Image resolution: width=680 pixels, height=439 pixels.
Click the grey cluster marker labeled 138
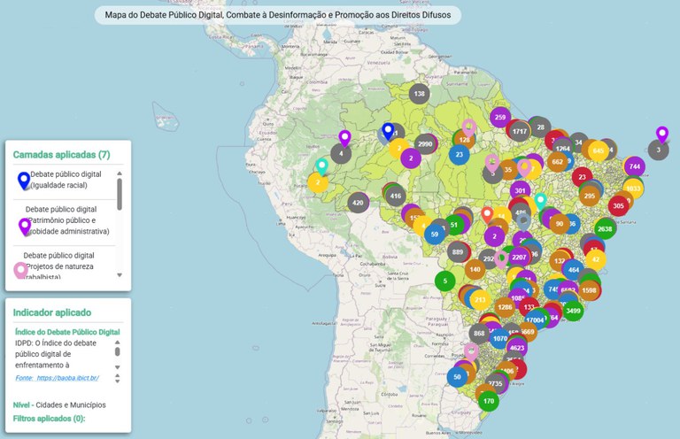point(419,94)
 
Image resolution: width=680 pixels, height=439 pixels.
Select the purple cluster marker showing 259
point(499,118)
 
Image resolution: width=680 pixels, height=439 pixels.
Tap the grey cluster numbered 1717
point(520,131)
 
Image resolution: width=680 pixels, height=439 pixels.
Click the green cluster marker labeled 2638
point(605,228)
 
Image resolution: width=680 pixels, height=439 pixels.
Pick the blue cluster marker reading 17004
point(535,320)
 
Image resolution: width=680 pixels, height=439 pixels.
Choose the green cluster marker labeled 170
point(488,401)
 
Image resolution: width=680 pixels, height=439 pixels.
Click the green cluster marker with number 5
point(445,281)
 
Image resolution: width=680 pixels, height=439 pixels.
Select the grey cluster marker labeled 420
point(358,203)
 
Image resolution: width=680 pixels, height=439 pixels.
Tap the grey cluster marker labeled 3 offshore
point(658,150)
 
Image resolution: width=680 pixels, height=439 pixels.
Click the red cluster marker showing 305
point(618,205)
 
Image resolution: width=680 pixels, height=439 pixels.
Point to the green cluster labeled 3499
point(573,311)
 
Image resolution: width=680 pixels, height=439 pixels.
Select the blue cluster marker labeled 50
point(457,376)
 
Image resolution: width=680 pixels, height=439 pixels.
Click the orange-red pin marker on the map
point(486,213)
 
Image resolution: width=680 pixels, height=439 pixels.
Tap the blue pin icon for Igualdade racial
point(23,180)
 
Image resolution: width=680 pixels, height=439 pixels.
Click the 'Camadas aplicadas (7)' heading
point(61,154)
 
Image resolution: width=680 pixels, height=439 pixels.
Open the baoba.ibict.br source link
point(58,378)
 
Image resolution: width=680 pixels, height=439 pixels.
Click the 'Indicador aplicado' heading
point(51,312)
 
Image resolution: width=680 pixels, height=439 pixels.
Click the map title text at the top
point(277,15)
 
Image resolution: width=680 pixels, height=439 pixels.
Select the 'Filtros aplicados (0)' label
point(50,418)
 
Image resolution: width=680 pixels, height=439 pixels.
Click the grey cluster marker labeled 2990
point(425,144)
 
